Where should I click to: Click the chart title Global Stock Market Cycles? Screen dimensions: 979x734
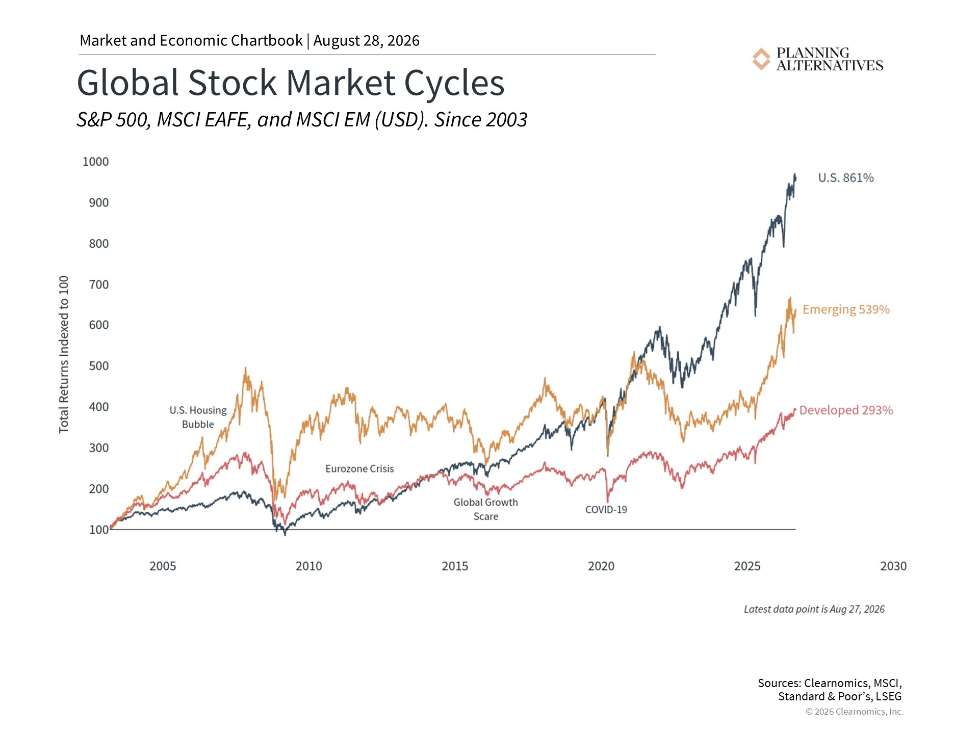click(291, 83)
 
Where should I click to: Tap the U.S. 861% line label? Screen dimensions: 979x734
click(846, 178)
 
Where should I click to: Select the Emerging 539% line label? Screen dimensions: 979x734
click(846, 309)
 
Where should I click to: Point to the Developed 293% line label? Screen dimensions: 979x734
click(846, 410)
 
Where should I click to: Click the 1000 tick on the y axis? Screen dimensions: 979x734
click(96, 162)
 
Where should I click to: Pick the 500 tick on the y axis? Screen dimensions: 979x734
click(99, 366)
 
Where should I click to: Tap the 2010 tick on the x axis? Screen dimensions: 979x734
click(309, 566)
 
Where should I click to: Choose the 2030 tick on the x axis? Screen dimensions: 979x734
click(893, 566)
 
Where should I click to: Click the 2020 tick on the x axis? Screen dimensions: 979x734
click(601, 566)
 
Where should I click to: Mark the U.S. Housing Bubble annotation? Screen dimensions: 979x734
click(198, 417)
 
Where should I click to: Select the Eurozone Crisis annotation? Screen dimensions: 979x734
click(359, 469)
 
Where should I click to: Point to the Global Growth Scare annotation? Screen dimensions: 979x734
click(486, 509)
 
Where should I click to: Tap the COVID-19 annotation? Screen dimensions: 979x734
click(606, 510)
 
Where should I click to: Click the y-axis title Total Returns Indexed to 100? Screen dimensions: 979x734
click(64, 355)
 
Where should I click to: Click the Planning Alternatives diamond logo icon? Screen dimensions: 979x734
click(761, 59)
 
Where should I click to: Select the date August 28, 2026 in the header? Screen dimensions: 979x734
click(366, 41)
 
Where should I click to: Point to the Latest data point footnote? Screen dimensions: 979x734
click(814, 609)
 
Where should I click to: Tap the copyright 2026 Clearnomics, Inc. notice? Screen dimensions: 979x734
click(855, 712)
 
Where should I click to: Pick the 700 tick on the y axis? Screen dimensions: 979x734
click(99, 284)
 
